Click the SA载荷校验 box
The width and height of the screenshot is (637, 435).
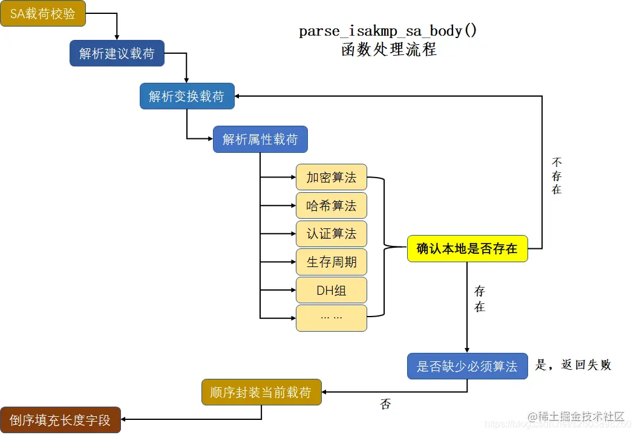[x=43, y=13]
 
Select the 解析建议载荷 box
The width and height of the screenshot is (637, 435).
[x=117, y=53]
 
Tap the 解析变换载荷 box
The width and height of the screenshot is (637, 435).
[x=187, y=96]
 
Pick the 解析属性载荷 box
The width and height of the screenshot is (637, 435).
[x=260, y=140]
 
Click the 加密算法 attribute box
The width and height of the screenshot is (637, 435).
[x=332, y=178]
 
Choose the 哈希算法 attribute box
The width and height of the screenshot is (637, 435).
[x=332, y=206]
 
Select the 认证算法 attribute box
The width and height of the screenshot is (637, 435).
[x=332, y=234]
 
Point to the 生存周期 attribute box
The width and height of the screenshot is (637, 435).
[x=332, y=262]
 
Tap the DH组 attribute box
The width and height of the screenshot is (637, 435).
[x=332, y=290]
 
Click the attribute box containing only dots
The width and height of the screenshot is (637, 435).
[x=332, y=318]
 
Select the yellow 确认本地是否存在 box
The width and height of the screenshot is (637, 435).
[x=467, y=248]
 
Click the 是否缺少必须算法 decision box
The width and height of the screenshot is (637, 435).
[x=467, y=366]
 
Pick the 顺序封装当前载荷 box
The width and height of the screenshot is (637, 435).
[x=261, y=393]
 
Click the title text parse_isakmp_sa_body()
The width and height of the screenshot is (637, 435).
[x=388, y=31]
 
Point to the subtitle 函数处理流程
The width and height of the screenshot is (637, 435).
[x=388, y=50]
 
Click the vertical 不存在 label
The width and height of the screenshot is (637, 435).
[x=557, y=176]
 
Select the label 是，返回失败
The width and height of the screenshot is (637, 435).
[x=573, y=365]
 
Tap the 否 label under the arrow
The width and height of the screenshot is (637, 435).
[x=385, y=404]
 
